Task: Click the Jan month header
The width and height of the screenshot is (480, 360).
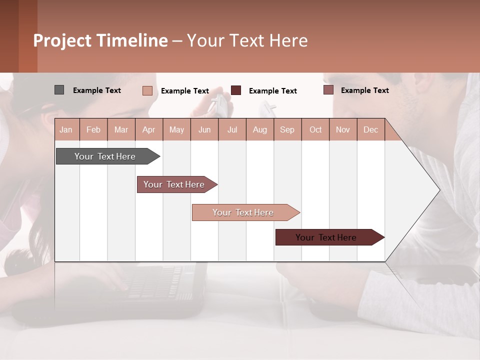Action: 66,129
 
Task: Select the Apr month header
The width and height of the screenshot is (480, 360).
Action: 149,129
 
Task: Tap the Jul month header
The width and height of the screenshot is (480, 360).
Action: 232,129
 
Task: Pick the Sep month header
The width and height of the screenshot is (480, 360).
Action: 287,129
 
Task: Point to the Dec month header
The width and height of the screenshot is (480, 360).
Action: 370,129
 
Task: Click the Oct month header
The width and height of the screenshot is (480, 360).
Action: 315,129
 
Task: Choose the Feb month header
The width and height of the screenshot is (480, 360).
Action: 93,129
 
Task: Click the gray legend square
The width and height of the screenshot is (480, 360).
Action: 59,90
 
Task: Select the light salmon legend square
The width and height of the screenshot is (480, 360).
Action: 147,90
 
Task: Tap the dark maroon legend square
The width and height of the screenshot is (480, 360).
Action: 236,90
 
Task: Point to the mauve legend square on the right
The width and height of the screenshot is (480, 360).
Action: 328,90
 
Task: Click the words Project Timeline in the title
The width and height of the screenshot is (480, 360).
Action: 100,40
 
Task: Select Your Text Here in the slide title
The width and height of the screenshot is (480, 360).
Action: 247,40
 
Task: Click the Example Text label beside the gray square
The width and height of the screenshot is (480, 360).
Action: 97,90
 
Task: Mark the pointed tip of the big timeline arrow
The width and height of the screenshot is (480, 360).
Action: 439,190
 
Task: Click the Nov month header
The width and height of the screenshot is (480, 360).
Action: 342,129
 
